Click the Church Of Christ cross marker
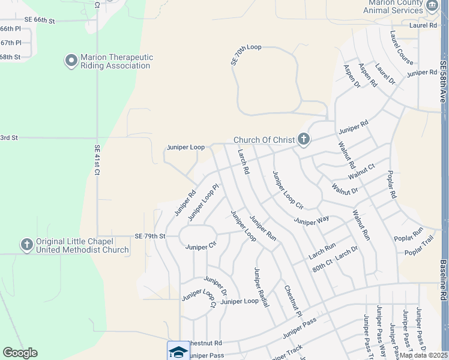(304, 140)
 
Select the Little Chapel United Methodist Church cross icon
(26, 245)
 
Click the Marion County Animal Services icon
(432, 7)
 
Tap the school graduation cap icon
(178, 351)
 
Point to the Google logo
(20, 353)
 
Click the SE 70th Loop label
(246, 54)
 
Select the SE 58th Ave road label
(443, 80)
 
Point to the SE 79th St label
(149, 236)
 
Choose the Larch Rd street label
(243, 162)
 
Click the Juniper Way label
(311, 220)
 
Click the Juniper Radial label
(261, 287)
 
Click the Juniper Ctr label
(200, 247)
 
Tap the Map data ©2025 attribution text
(423, 355)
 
